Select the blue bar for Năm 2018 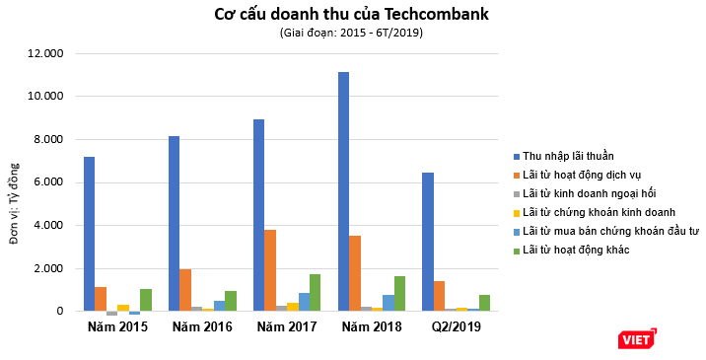[343, 191]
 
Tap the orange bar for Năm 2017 [269, 270]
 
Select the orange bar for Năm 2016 [185, 290]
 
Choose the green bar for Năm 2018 [400, 294]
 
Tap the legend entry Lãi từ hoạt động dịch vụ [583, 175]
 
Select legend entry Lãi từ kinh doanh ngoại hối [588, 193]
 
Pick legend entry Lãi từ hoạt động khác [576, 250]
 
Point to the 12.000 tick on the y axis [46, 53]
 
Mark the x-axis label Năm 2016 [202, 326]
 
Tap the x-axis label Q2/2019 [456, 326]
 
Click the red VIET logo [637, 339]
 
